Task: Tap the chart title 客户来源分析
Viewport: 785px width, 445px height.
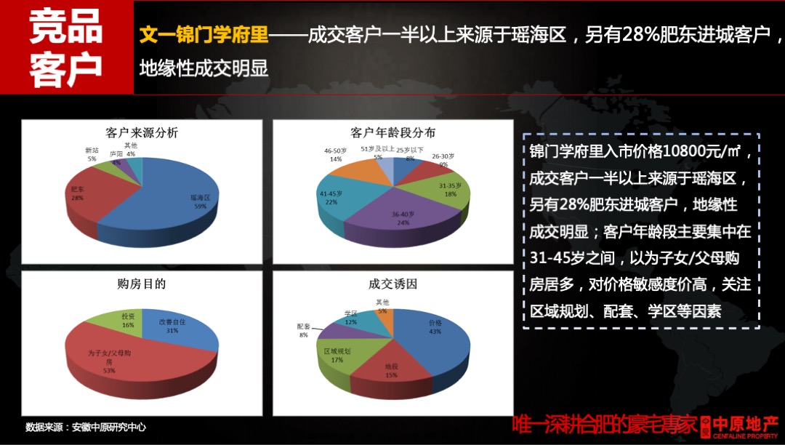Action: click(x=141, y=133)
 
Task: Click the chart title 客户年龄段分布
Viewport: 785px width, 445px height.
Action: click(x=392, y=133)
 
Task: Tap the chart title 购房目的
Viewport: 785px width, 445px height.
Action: click(x=141, y=284)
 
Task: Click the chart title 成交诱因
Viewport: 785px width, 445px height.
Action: click(x=392, y=284)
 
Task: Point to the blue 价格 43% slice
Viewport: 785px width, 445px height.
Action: click(x=432, y=334)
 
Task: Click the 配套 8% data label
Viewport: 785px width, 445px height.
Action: click(x=304, y=331)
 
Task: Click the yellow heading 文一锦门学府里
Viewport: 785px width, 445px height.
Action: click(x=204, y=34)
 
